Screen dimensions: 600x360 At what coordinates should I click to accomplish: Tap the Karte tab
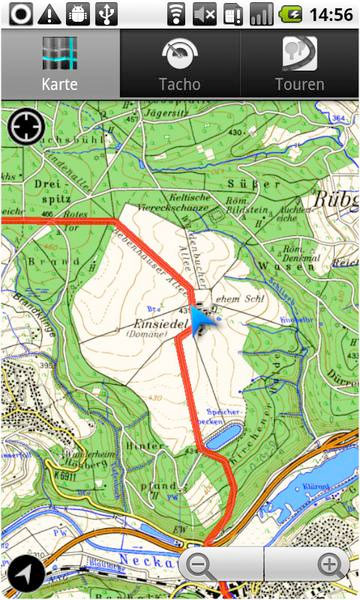pos(59,64)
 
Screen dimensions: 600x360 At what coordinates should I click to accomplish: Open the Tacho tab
pos(179,64)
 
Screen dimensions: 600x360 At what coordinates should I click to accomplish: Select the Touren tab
pos(299,64)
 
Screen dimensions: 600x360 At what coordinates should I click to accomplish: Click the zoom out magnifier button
pos(200,565)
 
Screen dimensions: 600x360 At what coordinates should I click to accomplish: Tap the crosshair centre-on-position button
pos(23,127)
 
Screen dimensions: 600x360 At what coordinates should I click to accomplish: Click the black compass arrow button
pos(24,574)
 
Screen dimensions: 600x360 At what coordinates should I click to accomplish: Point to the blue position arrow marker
pos(204,320)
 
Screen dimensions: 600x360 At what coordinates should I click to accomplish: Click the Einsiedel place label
pos(150,325)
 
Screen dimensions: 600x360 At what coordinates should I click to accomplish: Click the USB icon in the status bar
pos(109,14)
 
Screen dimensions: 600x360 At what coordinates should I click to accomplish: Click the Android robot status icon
pos(79,14)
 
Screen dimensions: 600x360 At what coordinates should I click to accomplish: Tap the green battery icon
pos(291,14)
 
